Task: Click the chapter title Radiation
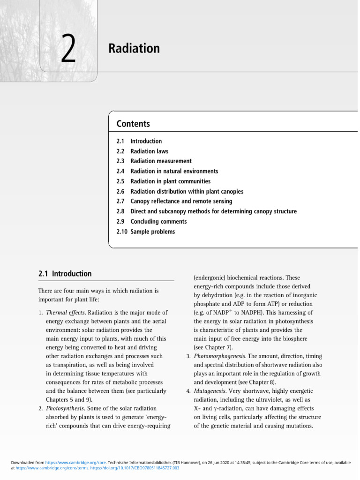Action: pyautogui.click(x=134, y=48)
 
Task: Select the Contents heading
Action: pyautogui.click(x=133, y=124)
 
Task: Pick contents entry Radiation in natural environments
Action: pyautogui.click(x=174, y=171)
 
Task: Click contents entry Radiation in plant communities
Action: pyautogui.click(x=170, y=181)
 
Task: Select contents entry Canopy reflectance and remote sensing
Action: pyautogui.click(x=181, y=201)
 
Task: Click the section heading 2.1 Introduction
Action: pyautogui.click(x=65, y=274)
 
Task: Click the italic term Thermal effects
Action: pyautogui.click(x=66, y=312)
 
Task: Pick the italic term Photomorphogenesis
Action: pyautogui.click(x=220, y=356)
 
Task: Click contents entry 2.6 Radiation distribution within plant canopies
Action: pyautogui.click(x=187, y=191)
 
